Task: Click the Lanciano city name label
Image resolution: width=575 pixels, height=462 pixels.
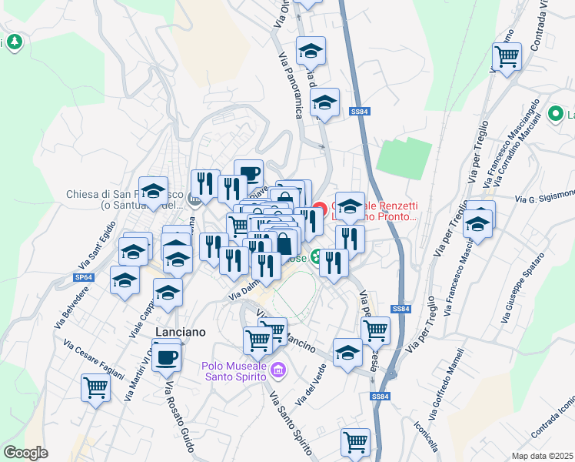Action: coord(181,331)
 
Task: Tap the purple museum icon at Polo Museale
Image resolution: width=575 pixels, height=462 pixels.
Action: coord(278,371)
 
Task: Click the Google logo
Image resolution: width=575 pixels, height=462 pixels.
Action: coord(25,453)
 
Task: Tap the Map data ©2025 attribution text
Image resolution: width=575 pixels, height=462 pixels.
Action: coord(542,456)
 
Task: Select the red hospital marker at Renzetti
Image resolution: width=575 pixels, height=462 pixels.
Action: coord(320,209)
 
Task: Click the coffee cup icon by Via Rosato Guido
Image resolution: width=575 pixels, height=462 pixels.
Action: coord(166,357)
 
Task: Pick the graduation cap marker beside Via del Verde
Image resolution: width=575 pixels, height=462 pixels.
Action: coord(347,353)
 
